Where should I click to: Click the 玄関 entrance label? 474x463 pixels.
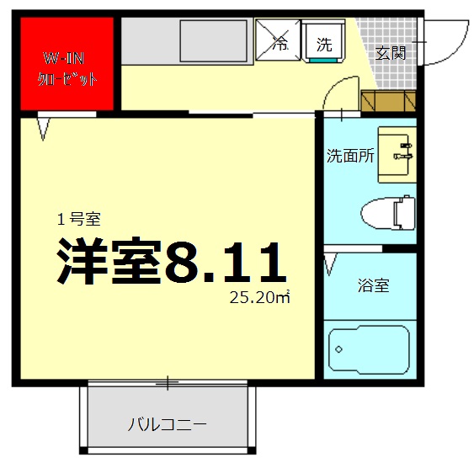click(391, 54)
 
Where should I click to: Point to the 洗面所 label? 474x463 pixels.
click(349, 156)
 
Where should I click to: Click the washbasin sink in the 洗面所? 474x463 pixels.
click(396, 154)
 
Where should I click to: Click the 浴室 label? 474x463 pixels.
click(373, 285)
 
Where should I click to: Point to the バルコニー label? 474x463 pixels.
click(167, 423)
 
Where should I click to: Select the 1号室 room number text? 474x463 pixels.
click(79, 220)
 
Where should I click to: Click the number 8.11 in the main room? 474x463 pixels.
click(226, 263)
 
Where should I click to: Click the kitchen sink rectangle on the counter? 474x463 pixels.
click(211, 39)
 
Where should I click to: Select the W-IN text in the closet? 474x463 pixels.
click(64, 60)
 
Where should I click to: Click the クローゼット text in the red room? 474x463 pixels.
click(67, 80)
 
